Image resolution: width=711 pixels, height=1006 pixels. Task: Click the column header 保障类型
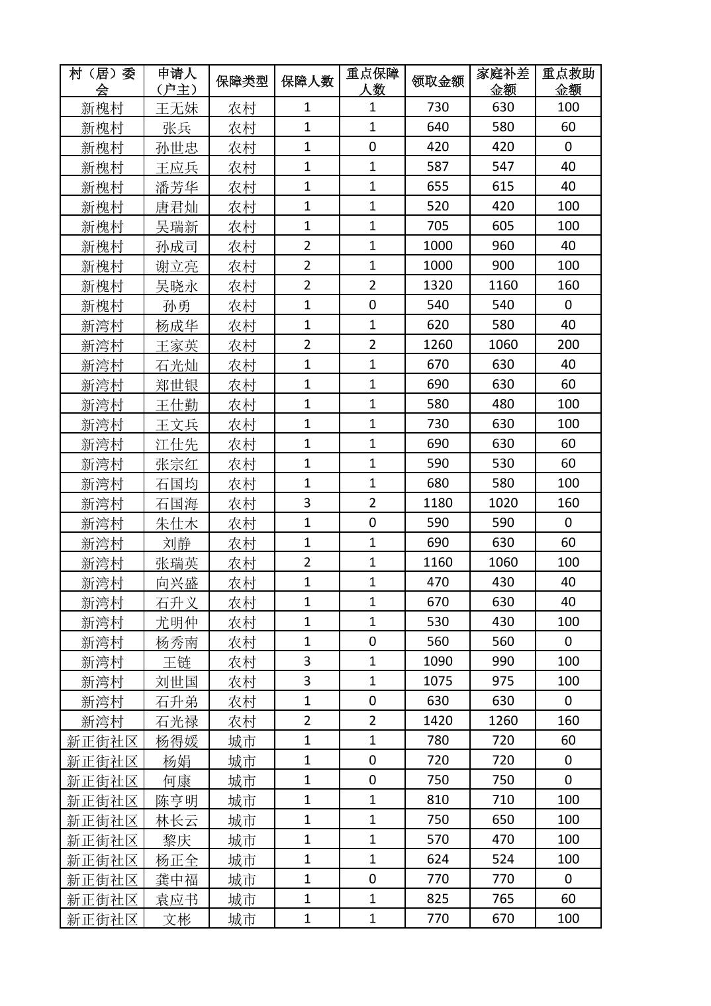(242, 81)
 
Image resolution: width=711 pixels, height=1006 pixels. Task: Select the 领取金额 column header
(438, 81)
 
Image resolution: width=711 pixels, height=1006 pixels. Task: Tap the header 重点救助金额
(568, 81)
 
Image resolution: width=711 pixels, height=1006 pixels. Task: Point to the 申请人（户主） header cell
(177, 81)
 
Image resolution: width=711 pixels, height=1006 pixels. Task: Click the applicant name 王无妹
(177, 108)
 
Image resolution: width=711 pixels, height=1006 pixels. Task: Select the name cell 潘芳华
(177, 187)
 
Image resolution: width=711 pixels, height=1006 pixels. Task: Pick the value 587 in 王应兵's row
(438, 167)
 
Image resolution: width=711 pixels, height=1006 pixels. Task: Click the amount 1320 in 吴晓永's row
(438, 285)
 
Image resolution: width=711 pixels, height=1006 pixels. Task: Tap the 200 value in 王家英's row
(568, 345)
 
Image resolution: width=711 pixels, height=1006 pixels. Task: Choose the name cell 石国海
(177, 503)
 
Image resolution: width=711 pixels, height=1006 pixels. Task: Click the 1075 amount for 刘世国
(438, 681)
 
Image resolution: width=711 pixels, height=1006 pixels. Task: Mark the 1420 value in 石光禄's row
(438, 721)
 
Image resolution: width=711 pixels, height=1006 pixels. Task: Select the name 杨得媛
(177, 741)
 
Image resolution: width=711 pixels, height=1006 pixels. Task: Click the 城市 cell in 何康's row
(242, 780)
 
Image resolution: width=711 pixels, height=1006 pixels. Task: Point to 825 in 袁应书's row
(438, 899)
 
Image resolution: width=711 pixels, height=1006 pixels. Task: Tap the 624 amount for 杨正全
(438, 859)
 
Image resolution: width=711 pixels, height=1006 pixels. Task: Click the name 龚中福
(177, 879)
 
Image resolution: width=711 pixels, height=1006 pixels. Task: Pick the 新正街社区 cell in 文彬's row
(102, 919)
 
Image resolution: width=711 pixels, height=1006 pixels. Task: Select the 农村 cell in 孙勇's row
(242, 305)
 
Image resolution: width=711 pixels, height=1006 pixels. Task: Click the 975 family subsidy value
(503, 681)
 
